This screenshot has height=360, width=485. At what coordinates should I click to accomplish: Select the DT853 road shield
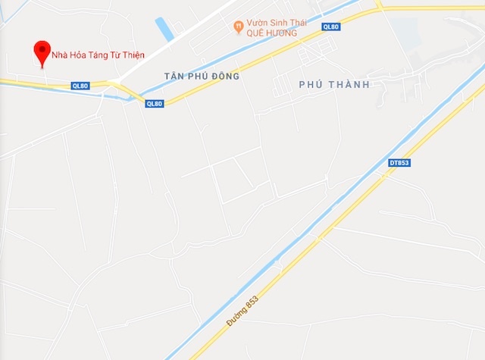coord(399,163)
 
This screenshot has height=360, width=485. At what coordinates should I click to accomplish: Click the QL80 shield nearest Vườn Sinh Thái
coord(330,27)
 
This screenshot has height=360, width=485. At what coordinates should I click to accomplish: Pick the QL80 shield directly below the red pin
coord(81,86)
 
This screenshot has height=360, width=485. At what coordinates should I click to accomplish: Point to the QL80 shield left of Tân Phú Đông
coord(154,103)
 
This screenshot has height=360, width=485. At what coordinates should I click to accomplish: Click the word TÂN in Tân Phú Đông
coord(174,77)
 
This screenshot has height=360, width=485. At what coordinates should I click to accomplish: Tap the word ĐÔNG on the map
coord(224,77)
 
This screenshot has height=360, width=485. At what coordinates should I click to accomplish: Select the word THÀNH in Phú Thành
coord(348,84)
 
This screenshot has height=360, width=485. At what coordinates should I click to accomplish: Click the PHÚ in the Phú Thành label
coord(311,84)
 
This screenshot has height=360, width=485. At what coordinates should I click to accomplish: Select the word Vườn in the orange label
coord(259,23)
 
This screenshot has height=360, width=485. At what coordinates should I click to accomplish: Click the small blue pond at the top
coord(164,30)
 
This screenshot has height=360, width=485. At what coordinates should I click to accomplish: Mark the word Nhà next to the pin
coord(59,55)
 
